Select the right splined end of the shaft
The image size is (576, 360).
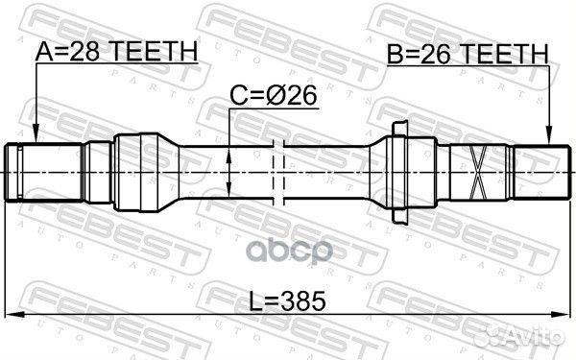pyautogui.click(x=539, y=171)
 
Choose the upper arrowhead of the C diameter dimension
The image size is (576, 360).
pyautogui.click(x=230, y=144)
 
